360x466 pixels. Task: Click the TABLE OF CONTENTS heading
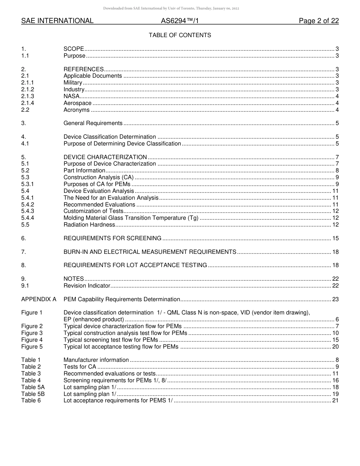[x=180, y=35]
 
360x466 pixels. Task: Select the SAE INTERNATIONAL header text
[x=57, y=21]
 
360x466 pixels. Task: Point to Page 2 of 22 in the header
[x=319, y=21]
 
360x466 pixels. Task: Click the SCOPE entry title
[x=74, y=49]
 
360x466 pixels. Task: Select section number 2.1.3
[x=28, y=96]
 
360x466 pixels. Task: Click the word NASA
[x=71, y=96]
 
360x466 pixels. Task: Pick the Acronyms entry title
[x=77, y=110]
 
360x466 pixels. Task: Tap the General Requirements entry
[x=93, y=123]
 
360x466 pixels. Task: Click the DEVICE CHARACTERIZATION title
[x=105, y=157]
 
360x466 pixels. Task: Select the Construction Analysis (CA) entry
[x=99, y=177]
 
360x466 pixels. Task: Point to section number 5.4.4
[x=28, y=218]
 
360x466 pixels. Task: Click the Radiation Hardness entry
[x=89, y=225]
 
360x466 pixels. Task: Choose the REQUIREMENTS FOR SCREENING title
[x=112, y=238]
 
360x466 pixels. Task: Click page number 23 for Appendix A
[x=335, y=299]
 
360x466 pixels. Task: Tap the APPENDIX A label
[x=39, y=299]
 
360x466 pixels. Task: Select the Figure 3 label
[x=32, y=333]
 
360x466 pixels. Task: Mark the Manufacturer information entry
[x=96, y=360]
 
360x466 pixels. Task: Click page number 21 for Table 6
[x=335, y=401]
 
